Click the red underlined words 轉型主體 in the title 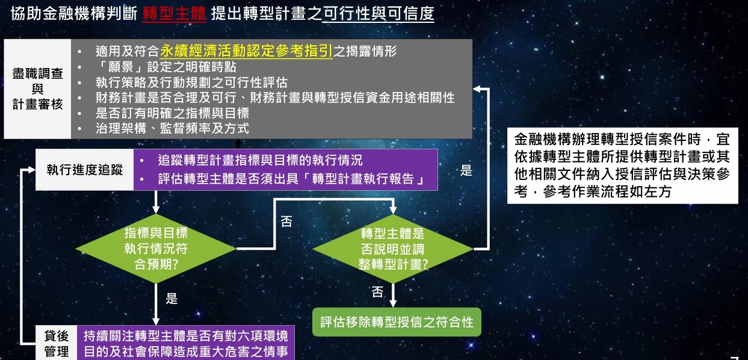174,14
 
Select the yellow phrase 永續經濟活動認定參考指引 246,51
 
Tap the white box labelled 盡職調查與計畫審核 37,89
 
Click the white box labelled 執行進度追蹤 84,170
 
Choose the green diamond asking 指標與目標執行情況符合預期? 156,249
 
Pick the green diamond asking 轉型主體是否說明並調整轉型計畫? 393,249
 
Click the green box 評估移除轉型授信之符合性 397,322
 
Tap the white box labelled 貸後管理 57,343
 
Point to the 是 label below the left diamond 172,299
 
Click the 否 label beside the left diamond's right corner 286,222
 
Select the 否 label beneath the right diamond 377,292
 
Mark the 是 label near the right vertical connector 466,170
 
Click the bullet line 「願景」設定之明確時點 166,67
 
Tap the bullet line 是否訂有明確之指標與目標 172,113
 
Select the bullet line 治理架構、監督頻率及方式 172,128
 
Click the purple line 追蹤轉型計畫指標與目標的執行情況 260,160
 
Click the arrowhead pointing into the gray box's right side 477,89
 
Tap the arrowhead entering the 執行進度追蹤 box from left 31,170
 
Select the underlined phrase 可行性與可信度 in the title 379,14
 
